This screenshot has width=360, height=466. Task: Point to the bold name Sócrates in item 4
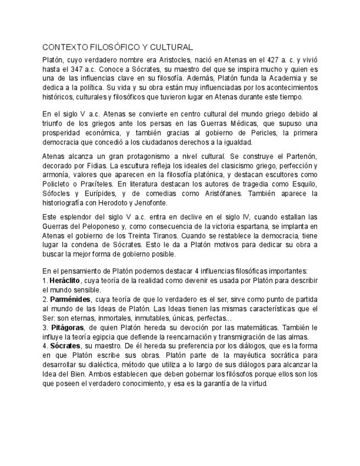click(63, 346)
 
